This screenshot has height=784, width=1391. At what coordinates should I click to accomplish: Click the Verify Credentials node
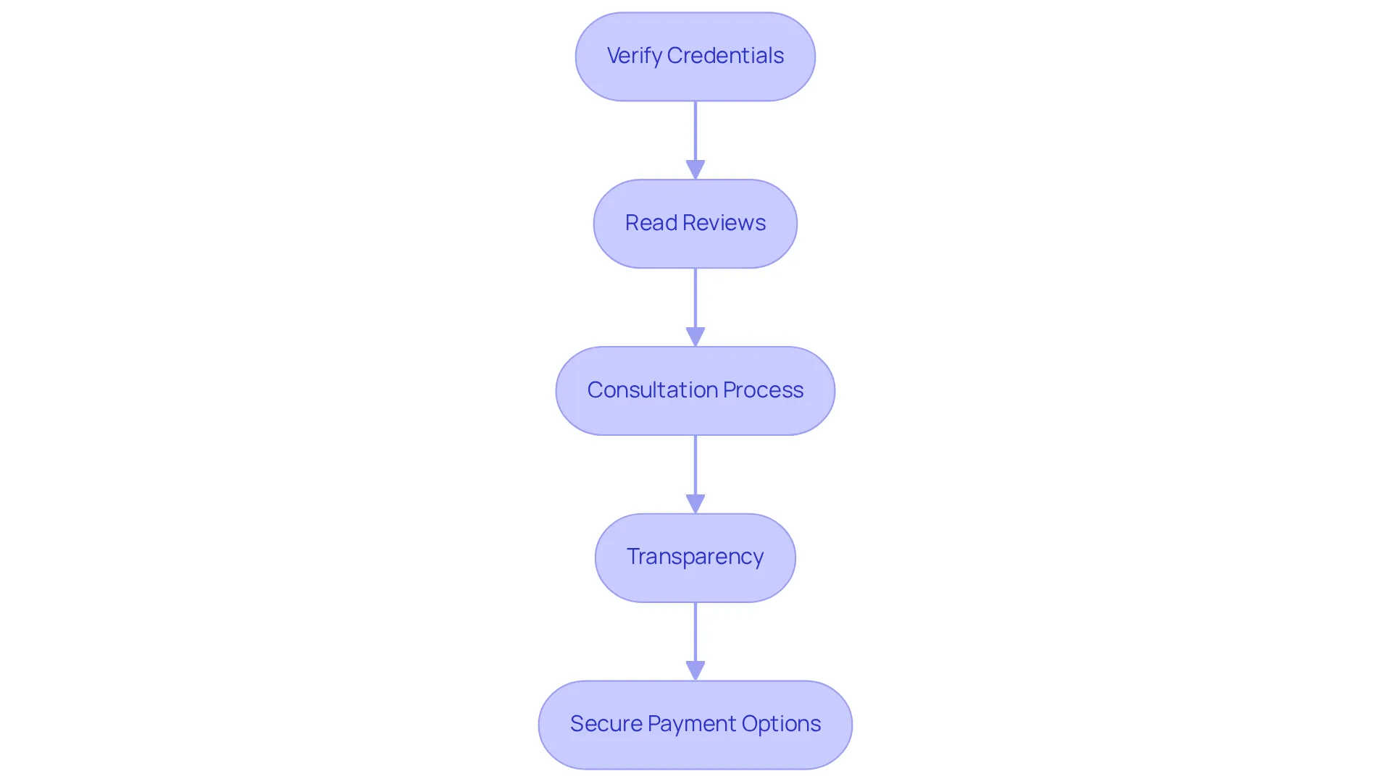pyautogui.click(x=695, y=56)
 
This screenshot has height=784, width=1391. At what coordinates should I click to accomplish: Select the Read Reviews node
pyautogui.click(x=695, y=224)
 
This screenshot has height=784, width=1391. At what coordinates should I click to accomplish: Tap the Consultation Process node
pyautogui.click(x=695, y=391)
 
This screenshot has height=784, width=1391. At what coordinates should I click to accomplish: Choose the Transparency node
pyautogui.click(x=695, y=558)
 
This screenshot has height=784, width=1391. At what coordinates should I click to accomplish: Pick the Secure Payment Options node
pyautogui.click(x=695, y=725)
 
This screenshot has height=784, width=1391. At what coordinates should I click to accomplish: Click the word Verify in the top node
pyautogui.click(x=634, y=56)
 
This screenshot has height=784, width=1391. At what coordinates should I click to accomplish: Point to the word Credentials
pyautogui.click(x=725, y=55)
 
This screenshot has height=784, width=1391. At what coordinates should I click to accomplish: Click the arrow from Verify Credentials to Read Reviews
pyautogui.click(x=695, y=140)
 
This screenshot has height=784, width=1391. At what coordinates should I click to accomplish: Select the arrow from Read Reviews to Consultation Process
pyautogui.click(x=695, y=308)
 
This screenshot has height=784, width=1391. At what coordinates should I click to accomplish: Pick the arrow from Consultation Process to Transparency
pyautogui.click(x=695, y=475)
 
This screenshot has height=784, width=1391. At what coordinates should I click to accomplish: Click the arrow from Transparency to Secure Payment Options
pyautogui.click(x=695, y=641)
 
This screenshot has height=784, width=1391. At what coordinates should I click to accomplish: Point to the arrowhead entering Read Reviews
pyautogui.click(x=695, y=170)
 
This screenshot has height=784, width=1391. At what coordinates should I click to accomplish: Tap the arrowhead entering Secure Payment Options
pyautogui.click(x=695, y=671)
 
